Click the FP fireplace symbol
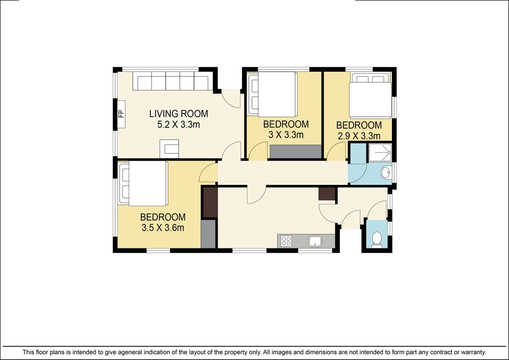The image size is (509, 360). (x=121, y=114)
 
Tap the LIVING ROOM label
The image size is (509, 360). (x=179, y=113)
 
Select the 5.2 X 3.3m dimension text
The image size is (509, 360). (x=179, y=124)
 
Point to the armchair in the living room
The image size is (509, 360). (x=169, y=148)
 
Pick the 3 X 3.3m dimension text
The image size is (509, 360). (x=286, y=135)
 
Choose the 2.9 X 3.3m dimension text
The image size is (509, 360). (x=359, y=136)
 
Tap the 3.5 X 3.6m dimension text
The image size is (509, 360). (x=162, y=228)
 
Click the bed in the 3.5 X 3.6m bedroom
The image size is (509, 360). (x=143, y=184)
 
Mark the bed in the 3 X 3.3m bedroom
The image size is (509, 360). (x=272, y=94)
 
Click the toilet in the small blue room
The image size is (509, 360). (x=377, y=239)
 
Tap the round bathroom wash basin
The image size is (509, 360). (x=386, y=172)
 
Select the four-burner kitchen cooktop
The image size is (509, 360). (x=286, y=241)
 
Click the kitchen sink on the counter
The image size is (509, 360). (x=315, y=241)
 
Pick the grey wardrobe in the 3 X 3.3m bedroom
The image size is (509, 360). (x=295, y=152)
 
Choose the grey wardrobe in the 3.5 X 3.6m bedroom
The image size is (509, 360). (x=208, y=234)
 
